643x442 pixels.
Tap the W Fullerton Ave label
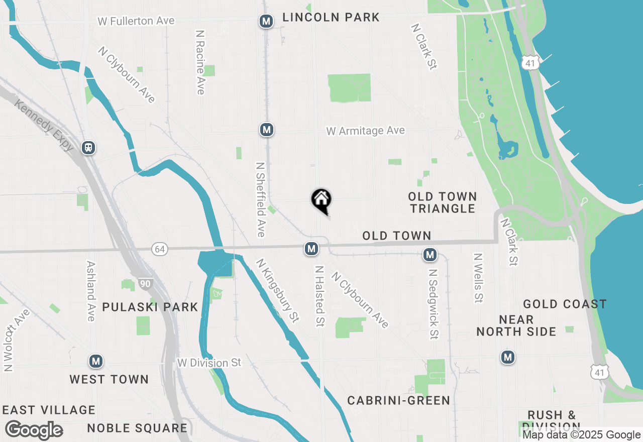(136, 21)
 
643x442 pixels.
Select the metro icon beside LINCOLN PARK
(266, 21)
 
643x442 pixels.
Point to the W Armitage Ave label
(365, 131)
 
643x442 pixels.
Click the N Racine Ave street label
(200, 62)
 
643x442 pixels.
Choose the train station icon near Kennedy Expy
(88, 148)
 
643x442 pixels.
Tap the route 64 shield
(160, 249)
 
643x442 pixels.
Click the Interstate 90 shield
(145, 284)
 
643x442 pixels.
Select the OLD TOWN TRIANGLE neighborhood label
(442, 202)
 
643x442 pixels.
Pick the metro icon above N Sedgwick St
(430, 255)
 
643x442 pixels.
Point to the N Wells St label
(478, 278)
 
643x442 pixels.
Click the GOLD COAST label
(565, 304)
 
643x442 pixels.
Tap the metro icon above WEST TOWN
(96, 361)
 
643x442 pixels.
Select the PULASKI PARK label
(150, 307)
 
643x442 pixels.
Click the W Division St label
(209, 363)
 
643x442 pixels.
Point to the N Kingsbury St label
(277, 290)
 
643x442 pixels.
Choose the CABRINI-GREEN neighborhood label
(398, 400)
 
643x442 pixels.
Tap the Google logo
(34, 430)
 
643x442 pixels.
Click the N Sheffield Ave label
(260, 199)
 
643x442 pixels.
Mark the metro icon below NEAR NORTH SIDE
(508, 357)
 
